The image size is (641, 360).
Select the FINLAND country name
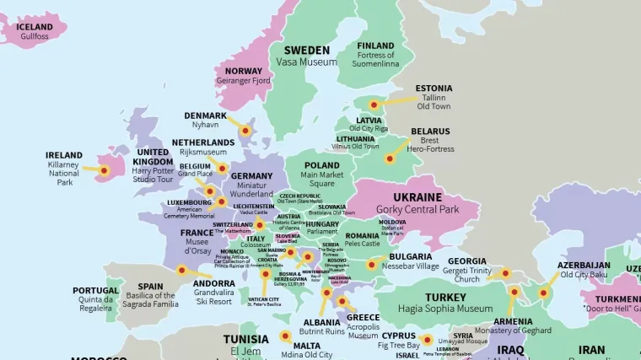tap(375, 46)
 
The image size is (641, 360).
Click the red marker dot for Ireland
tap(104, 170)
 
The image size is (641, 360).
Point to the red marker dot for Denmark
tap(245, 131)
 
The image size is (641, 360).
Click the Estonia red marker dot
tap(374, 105)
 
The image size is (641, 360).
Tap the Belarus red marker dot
tap(390, 158)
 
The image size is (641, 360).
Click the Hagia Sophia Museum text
tap(445, 309)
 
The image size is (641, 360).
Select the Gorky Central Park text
tap(417, 209)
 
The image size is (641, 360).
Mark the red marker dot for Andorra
tap(181, 271)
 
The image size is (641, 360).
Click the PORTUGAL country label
tap(95, 290)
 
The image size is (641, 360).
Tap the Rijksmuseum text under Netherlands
tap(203, 153)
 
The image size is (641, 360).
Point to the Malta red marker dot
tap(285, 336)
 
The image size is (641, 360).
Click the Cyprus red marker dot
tap(427, 341)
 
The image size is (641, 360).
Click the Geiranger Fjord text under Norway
tap(244, 82)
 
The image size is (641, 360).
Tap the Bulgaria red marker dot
tap(371, 264)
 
